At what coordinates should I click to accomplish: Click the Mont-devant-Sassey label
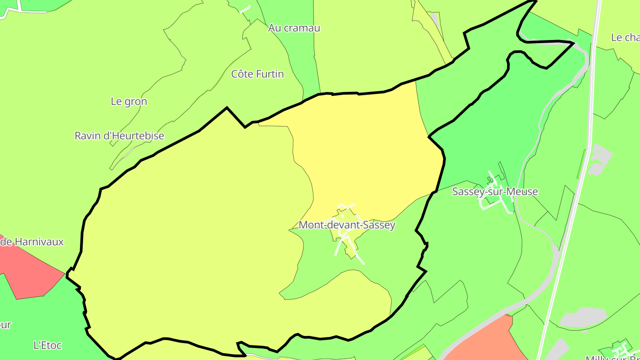[347, 225]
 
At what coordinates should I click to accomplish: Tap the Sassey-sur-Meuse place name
[495, 192]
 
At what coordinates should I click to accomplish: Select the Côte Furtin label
[257, 74]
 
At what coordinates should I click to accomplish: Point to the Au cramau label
[294, 28]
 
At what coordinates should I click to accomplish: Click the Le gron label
[129, 102]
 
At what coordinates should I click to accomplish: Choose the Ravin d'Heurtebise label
[119, 136]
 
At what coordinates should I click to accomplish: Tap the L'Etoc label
[48, 345]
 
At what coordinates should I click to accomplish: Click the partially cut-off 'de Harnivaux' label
[32, 242]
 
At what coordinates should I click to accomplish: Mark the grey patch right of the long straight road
[600, 158]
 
